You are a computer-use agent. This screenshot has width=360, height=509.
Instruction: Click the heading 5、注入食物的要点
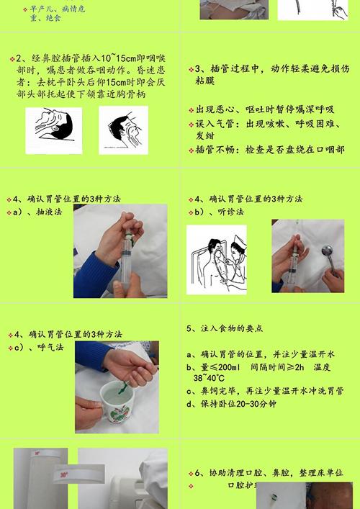(225, 328)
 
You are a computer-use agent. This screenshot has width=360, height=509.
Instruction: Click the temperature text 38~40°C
(210, 378)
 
